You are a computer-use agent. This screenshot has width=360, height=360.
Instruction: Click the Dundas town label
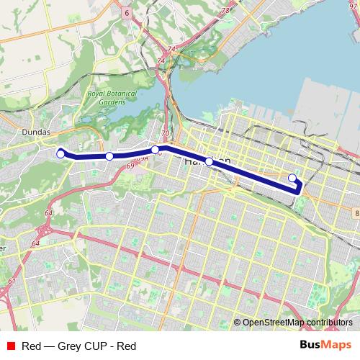click(x=36, y=133)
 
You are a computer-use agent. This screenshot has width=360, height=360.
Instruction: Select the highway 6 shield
click(x=126, y=12)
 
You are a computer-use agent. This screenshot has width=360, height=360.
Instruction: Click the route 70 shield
click(x=166, y=133)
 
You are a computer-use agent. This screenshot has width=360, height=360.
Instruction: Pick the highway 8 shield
click(x=356, y=213)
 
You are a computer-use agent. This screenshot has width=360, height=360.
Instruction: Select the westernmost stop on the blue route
click(x=61, y=153)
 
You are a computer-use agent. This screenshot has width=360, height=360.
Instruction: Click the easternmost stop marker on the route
click(x=292, y=178)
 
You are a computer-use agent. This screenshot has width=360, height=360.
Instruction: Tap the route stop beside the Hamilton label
click(x=209, y=162)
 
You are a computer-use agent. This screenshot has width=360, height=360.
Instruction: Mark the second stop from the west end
click(x=109, y=156)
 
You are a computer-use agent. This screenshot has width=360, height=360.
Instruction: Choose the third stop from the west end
click(x=155, y=150)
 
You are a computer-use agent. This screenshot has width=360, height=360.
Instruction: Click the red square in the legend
click(x=11, y=346)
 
